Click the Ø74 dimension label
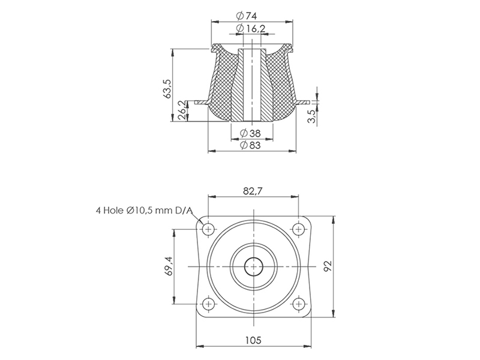click(247, 16)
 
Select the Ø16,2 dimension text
click(251, 28)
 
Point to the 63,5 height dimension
click(167, 88)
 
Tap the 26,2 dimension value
click(182, 110)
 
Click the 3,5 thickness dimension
click(311, 116)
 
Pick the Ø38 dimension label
click(250, 133)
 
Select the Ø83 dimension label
click(250, 145)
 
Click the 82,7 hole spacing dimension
click(253, 191)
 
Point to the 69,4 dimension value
click(169, 266)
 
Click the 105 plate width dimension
click(253, 340)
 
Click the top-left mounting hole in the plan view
click(209, 229)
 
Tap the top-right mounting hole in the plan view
click(298, 229)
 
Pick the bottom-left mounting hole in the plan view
click(209, 304)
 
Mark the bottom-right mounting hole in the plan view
click(298, 304)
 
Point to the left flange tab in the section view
click(203, 103)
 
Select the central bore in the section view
click(252, 84)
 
